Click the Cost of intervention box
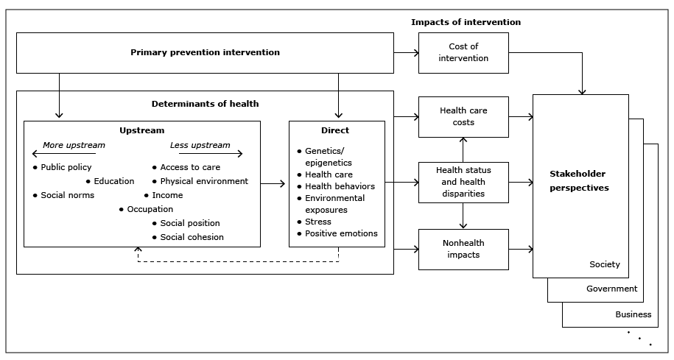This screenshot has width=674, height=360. tap(463, 52)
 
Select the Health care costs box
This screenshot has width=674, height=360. tap(463, 116)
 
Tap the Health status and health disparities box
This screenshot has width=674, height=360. tap(463, 182)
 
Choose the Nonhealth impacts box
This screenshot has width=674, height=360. tap(463, 249)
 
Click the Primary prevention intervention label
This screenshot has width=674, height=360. tap(205, 52)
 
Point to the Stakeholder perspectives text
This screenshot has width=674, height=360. tap(580, 181)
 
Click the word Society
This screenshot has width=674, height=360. tap(604, 264)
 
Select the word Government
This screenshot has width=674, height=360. tap(611, 289)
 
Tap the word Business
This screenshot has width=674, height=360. tap(633, 314)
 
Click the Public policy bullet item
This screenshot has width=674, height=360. tap(66, 167)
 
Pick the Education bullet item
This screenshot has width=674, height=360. tap(113, 181)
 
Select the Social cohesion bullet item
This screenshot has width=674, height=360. tap(192, 237)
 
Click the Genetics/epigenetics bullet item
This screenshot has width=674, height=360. tap(329, 157)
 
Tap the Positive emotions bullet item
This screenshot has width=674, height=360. tap(341, 233)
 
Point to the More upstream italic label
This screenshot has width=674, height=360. tap(74, 145)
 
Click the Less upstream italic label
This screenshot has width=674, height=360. tap(200, 145)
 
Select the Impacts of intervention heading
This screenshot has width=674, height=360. tap(466, 22)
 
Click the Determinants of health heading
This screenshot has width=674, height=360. tap(205, 104)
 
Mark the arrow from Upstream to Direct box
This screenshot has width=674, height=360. tap(273, 184)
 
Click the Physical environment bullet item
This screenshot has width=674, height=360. tap(204, 181)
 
